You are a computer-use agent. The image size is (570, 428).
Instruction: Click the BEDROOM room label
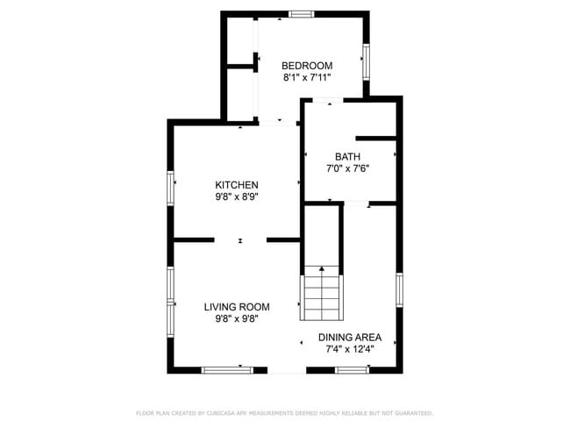(x=307, y=66)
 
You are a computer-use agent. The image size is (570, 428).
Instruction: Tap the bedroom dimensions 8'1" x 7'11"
(x=307, y=78)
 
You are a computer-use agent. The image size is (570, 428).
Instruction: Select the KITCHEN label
(x=237, y=185)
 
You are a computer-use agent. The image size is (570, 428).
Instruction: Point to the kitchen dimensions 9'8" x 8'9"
(x=237, y=197)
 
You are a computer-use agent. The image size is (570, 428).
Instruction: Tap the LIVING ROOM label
(x=237, y=307)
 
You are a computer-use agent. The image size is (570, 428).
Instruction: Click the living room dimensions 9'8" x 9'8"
(x=237, y=319)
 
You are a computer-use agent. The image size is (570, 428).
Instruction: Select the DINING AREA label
(x=349, y=337)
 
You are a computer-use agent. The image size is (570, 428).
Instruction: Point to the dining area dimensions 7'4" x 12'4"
(x=349, y=349)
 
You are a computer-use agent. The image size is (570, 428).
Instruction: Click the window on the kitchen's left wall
(x=170, y=190)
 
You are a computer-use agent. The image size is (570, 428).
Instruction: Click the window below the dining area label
(x=351, y=369)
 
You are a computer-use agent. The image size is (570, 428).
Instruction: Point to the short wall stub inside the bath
(x=376, y=138)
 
